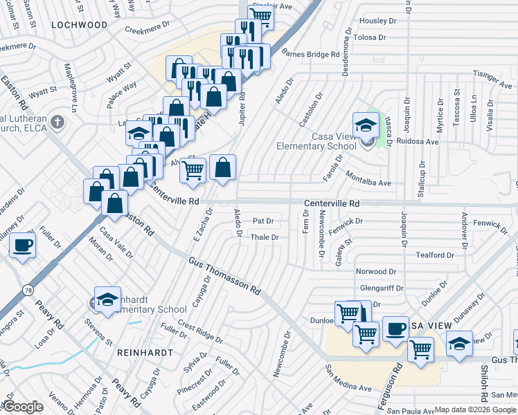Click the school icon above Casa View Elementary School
[365, 125]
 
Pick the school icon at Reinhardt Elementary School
[107, 299]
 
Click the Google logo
[22, 407]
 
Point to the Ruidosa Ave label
[418, 142]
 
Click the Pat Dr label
[263, 221]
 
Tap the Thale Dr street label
[264, 237]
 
